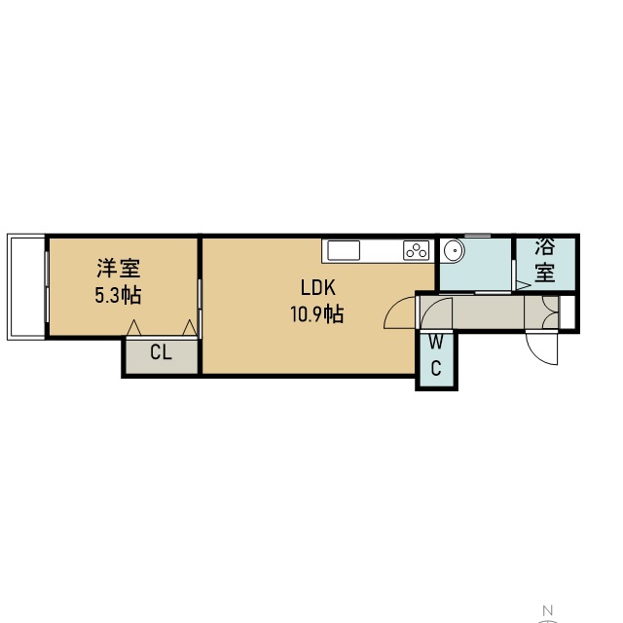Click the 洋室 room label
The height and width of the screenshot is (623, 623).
[119, 269]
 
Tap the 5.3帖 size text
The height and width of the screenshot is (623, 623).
[118, 295]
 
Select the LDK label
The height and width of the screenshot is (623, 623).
[318, 288]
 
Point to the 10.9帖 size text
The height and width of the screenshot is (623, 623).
[317, 314]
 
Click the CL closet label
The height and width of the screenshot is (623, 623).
[161, 352]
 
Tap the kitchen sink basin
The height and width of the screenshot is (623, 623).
[344, 251]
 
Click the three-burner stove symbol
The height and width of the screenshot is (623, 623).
[417, 250]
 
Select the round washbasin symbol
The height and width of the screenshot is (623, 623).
[455, 251]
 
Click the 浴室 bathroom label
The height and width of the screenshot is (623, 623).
[545, 260]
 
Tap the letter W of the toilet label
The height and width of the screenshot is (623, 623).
[436, 342]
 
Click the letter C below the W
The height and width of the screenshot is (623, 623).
[436, 368]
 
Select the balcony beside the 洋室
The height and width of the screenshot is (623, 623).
[26, 287]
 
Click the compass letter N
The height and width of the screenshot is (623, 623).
[548, 610]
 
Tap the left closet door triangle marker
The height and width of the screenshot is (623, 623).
[134, 327]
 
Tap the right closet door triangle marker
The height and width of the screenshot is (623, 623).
[190, 327]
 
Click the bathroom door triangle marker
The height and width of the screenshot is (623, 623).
[523, 285]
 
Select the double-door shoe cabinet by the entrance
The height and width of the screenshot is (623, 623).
[541, 312]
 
